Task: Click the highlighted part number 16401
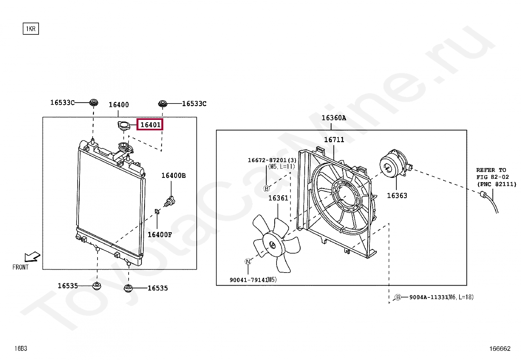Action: tap(150, 125)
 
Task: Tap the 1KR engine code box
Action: tap(31, 29)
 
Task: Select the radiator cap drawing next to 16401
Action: tap(123, 125)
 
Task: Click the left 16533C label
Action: tap(62, 103)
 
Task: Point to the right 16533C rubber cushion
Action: tap(163, 104)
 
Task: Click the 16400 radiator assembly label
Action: tap(119, 105)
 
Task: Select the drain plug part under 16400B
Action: tap(170, 201)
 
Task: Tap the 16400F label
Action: tap(159, 235)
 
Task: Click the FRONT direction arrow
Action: tap(32, 257)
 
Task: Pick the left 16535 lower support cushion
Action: tap(97, 286)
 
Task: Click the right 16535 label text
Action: tap(158, 288)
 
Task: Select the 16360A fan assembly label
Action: tap(333, 118)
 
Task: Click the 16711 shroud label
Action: tap(334, 140)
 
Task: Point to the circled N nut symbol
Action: tap(248, 261)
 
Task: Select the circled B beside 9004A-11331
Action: tap(398, 297)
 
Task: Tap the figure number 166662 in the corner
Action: tap(500, 349)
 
